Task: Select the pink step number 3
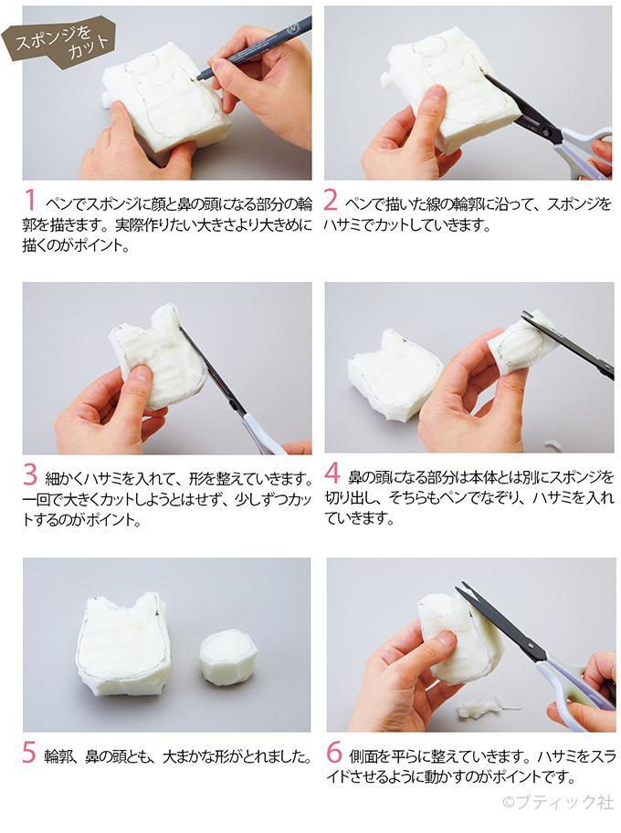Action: click(x=30, y=475)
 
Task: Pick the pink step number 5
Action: click(x=30, y=753)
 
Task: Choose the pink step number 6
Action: click(x=333, y=753)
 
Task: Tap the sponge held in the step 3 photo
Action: click(x=161, y=356)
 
